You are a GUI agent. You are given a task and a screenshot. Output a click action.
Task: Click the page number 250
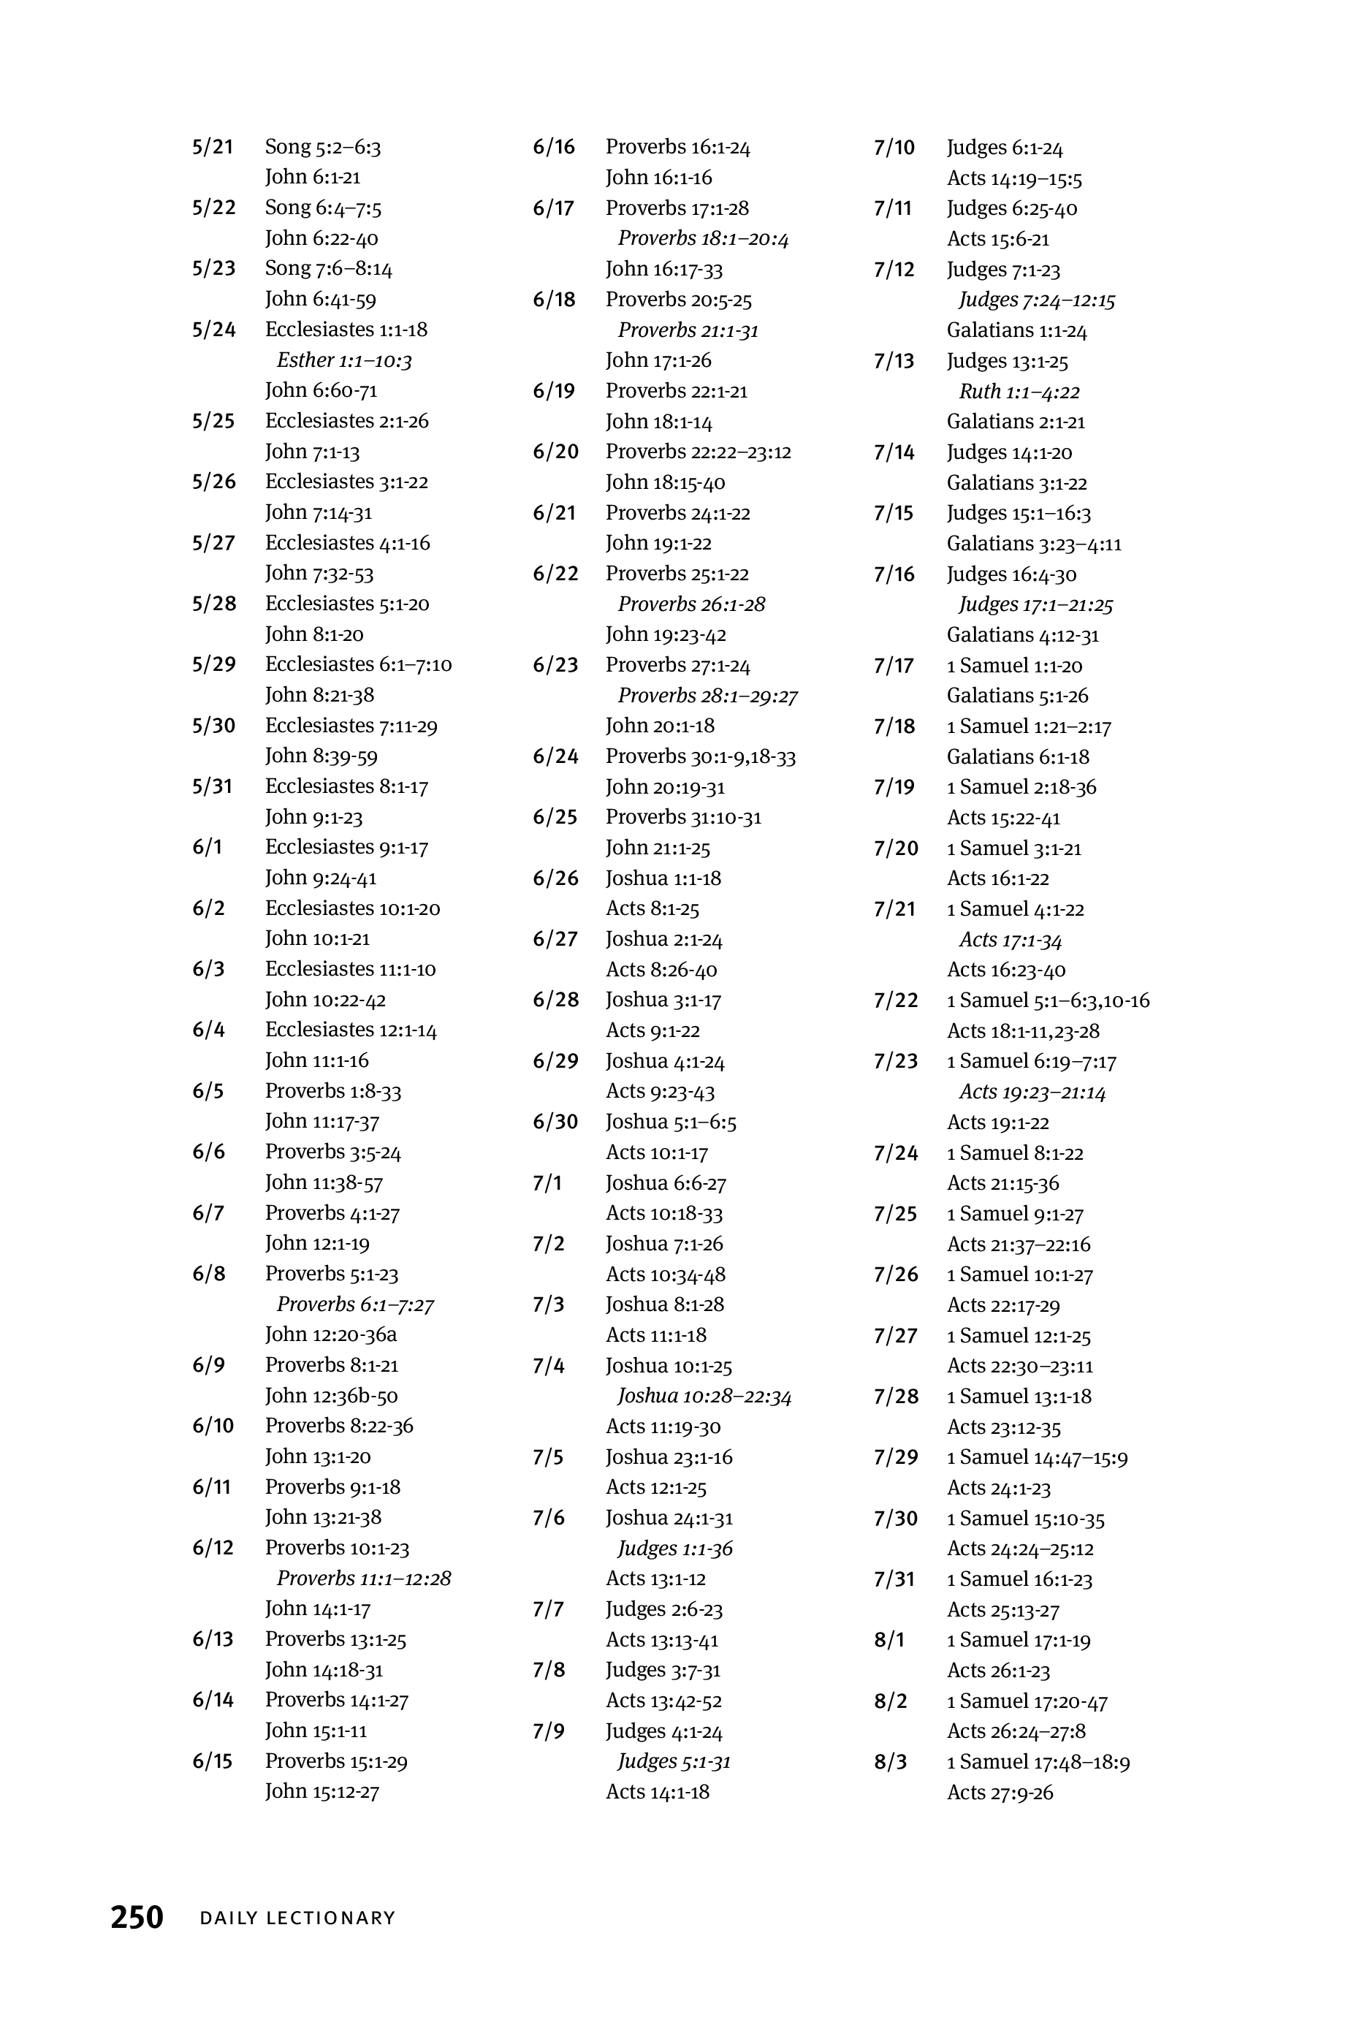pos(137,1917)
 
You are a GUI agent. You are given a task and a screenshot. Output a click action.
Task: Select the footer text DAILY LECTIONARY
pos(297,1918)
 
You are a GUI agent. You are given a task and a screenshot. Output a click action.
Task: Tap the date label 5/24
pos(214,330)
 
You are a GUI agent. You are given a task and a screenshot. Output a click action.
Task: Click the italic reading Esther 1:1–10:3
pos(344,360)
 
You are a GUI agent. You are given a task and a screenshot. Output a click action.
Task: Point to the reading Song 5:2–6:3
pos(323,147)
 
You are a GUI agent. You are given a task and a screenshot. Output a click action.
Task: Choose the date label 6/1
pos(208,847)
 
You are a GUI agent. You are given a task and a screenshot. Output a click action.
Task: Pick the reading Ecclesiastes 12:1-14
pos(351,1030)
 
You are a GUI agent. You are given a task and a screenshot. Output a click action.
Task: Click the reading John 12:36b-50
pos(331,1395)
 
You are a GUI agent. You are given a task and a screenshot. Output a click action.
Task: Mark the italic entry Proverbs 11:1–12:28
pos(364,1578)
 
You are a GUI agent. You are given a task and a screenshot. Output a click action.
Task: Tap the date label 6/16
pos(554,147)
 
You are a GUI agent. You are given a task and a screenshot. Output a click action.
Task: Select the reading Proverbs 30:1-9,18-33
pos(701,756)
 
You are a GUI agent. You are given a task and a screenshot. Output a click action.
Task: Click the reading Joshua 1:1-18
pos(663,878)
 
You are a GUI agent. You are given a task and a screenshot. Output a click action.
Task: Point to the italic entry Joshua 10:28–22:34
pos(704,1396)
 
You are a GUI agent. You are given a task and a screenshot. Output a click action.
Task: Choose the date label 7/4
pos(548,1366)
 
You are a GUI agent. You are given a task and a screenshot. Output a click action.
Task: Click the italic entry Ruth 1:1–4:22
pos(1019,392)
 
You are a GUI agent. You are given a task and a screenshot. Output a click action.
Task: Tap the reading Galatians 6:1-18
pos(1018,756)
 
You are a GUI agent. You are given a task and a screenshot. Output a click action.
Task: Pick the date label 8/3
pos(890,1762)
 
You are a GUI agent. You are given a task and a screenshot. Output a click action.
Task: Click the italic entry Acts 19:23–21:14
pos(1032,1092)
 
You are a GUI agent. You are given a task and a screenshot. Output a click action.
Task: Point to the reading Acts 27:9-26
pos(1000,1793)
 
